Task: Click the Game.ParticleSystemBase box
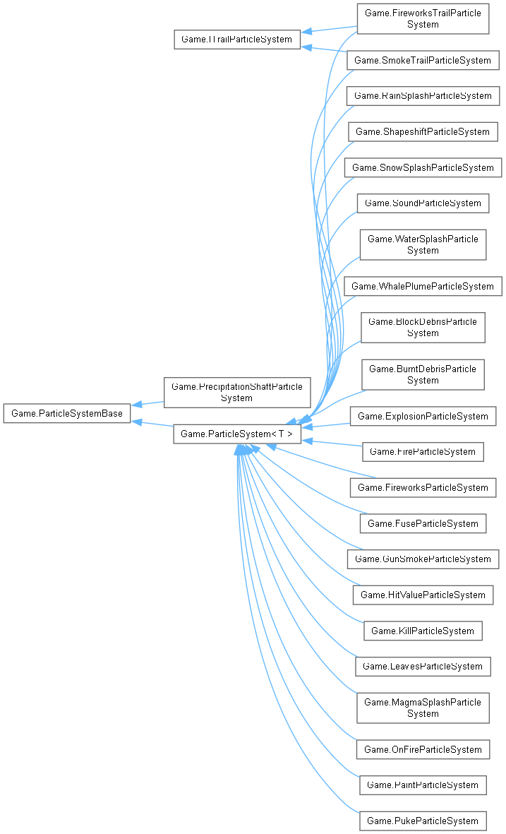[x=67, y=413]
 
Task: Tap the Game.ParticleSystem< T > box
[x=237, y=434]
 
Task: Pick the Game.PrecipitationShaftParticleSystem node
[x=237, y=392]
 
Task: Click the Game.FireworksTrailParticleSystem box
[x=423, y=19]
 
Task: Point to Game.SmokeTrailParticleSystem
[x=423, y=60]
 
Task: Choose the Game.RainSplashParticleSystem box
[x=423, y=95]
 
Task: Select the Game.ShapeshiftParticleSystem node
[x=423, y=131]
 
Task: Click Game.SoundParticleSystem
[x=423, y=203]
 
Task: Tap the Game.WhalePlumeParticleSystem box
[x=423, y=286]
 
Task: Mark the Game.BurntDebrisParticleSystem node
[x=423, y=374]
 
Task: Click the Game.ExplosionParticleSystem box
[x=423, y=416]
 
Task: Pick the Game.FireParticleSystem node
[x=423, y=451]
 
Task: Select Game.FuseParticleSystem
[x=423, y=523]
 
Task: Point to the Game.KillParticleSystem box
[x=423, y=631]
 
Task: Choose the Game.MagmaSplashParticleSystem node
[x=423, y=708]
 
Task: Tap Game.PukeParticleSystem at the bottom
[x=423, y=821]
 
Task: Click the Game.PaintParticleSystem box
[x=423, y=785]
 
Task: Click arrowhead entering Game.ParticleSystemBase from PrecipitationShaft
[x=136, y=405]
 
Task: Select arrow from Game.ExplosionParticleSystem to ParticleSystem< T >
[x=328, y=424]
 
